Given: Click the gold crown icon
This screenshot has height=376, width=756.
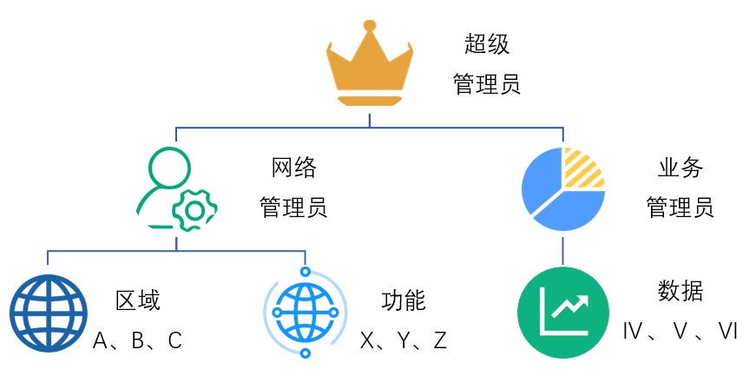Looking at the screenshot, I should click(370, 66).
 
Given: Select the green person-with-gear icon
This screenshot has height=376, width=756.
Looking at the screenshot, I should click(176, 189).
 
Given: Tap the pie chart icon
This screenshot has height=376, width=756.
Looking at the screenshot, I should click(563, 189).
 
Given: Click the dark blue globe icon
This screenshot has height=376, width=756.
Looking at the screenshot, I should click(48, 313).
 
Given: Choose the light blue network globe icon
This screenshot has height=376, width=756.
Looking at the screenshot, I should click(306, 313).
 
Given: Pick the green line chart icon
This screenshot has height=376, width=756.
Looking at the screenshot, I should click(563, 313).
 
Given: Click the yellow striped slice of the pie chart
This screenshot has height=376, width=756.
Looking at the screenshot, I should click(583, 167).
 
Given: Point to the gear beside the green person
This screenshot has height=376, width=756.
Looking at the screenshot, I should click(195, 211).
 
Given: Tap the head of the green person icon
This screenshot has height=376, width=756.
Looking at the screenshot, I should click(168, 168).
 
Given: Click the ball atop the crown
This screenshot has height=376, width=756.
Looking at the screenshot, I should click(370, 25).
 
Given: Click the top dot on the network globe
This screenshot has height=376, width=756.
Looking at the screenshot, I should click(306, 272).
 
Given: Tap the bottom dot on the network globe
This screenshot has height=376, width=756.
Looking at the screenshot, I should click(306, 353).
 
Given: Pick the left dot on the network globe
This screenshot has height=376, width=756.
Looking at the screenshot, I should click(277, 313).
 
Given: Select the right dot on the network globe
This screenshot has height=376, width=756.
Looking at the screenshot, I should click(333, 313).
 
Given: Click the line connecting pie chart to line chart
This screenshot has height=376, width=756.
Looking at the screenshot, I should click(563, 250).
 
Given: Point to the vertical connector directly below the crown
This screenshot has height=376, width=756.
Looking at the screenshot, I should click(369, 120).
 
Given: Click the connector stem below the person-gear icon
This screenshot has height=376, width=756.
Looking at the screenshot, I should click(176, 243).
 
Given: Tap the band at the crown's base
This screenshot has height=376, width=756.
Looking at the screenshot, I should click(370, 102).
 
